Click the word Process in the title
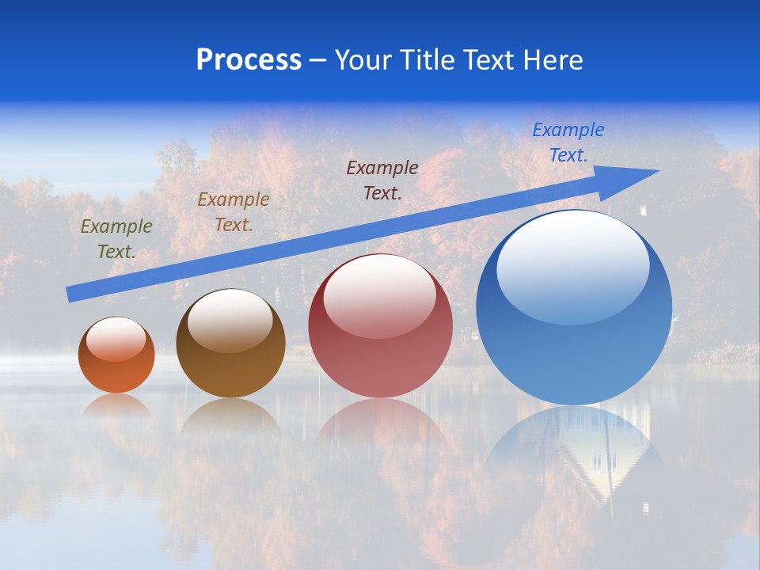click(x=249, y=60)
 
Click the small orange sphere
click(x=116, y=355)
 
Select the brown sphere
click(x=230, y=344)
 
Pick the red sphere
click(x=380, y=326)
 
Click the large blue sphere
click(x=574, y=308)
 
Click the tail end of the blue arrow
click(x=69, y=294)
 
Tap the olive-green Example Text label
click(x=116, y=239)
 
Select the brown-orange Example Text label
click(x=234, y=212)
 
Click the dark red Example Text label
click(x=382, y=180)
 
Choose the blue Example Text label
click(x=568, y=142)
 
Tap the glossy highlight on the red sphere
click(x=379, y=295)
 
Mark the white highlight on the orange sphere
click(x=116, y=339)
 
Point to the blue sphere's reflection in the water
click(x=574, y=451)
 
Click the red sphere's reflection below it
click(x=380, y=427)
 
